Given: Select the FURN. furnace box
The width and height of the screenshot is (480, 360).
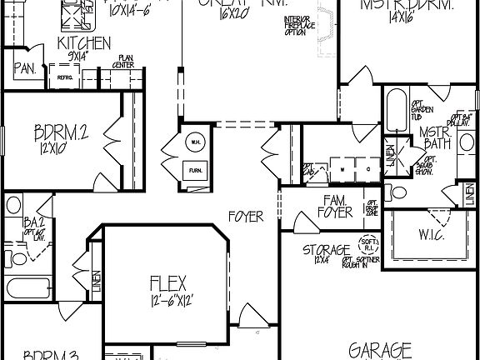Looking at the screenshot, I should (195, 169).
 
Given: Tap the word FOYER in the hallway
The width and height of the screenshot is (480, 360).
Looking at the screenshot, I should (246, 217).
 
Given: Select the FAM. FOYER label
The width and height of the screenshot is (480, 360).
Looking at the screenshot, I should (336, 206).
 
